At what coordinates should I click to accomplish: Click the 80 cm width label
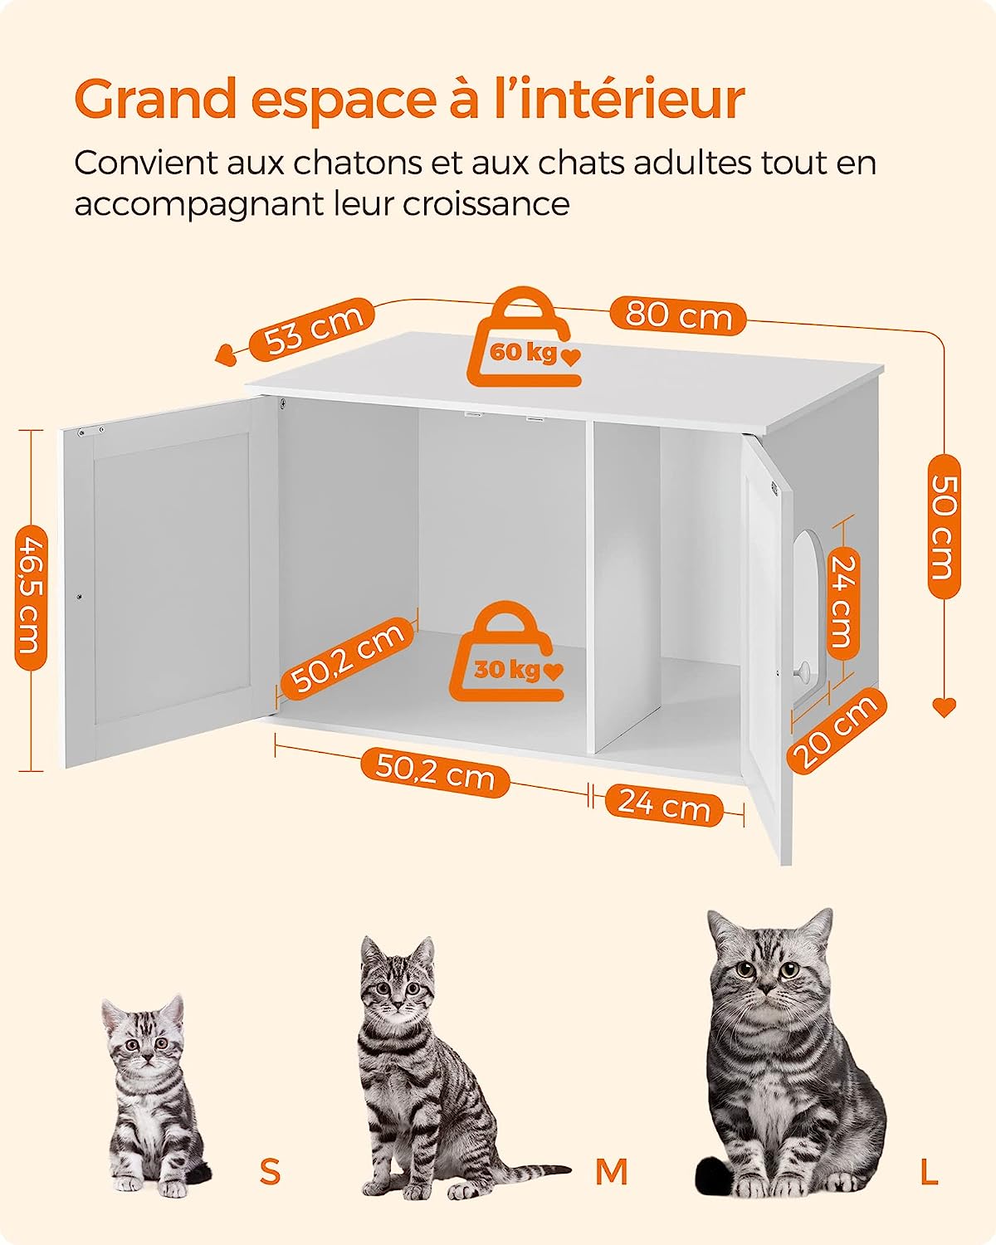(x=678, y=316)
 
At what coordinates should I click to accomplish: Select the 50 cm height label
(x=944, y=526)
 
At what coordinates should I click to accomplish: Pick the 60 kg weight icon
(x=523, y=340)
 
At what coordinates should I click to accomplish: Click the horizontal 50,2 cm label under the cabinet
(x=435, y=774)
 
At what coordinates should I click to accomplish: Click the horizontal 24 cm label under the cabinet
(x=664, y=805)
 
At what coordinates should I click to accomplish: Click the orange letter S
(x=270, y=1171)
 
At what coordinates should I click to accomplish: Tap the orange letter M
(x=611, y=1171)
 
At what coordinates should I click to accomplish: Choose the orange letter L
(x=929, y=1171)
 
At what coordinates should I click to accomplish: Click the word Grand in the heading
(x=156, y=100)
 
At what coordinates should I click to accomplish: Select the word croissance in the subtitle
(x=486, y=203)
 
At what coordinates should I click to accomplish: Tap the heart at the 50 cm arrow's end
(x=944, y=706)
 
